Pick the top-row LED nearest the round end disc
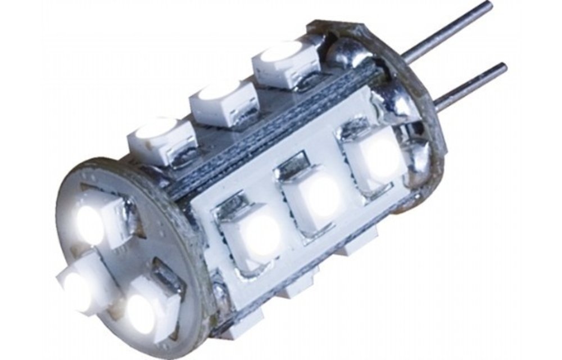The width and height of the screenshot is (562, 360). tap(160, 138)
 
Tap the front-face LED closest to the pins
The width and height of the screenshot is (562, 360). tap(373, 154)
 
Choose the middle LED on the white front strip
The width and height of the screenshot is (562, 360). tap(318, 191)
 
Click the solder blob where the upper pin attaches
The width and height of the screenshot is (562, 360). tap(346, 53)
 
